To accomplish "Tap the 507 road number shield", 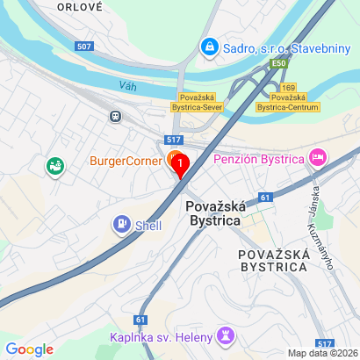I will point(84,46).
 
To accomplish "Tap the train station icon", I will point(114,115).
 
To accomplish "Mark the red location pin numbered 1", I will point(180,164).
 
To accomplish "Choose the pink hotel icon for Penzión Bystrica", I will point(318,159).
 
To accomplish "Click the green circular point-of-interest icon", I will point(54,164).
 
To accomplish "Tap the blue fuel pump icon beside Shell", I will point(120,225).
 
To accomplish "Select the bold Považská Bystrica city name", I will point(213,213).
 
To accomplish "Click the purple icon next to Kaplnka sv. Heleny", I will point(226,336).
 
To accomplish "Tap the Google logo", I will point(30,349).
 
